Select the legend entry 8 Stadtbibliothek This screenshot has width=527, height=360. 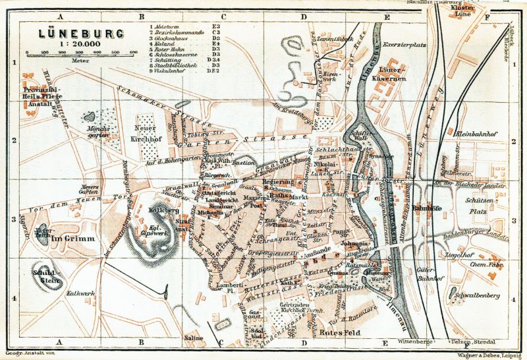click(177, 65)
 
